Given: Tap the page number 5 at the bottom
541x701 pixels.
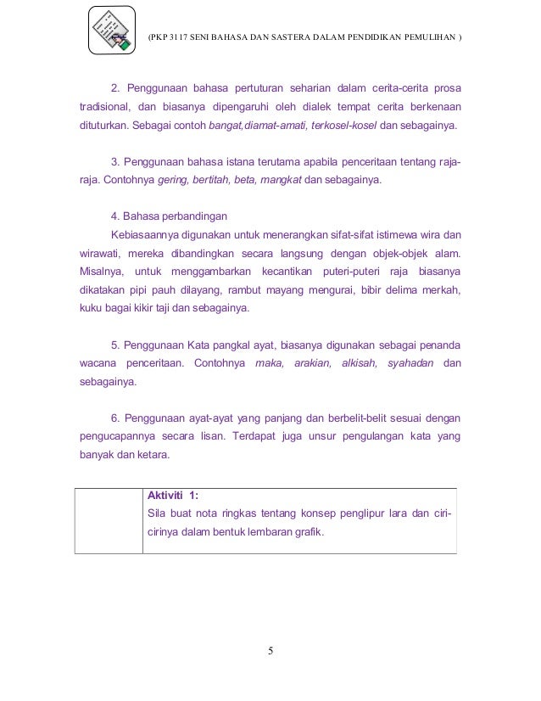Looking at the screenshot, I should tap(270, 652).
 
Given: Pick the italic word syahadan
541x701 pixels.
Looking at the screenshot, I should tap(410, 363).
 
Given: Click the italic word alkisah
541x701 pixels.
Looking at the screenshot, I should tap(361, 363).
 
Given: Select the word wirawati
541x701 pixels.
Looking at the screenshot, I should tap(93, 254).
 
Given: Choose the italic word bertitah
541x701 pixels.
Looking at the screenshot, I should tap(217, 181).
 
